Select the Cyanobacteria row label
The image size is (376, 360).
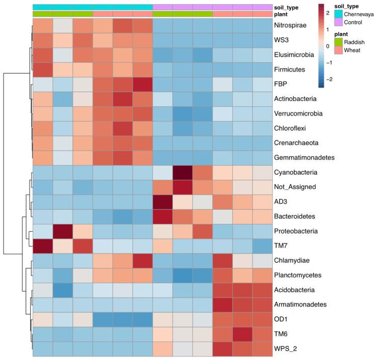tap(299, 173)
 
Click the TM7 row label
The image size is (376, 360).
tap(283, 246)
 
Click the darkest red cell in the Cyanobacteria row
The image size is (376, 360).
tap(182, 173)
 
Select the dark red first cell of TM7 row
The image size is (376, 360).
tap(42, 246)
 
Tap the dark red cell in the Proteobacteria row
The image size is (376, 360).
tap(62, 232)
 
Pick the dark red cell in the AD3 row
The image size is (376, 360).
tap(163, 202)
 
